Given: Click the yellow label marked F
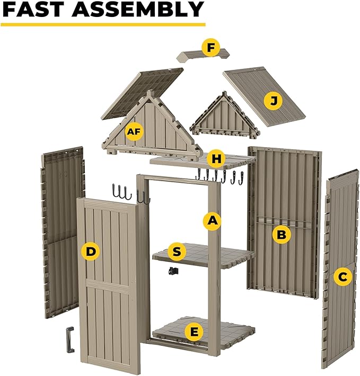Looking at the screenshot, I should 211,48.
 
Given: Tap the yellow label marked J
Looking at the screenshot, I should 273,101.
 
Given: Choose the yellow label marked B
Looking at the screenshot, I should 282,234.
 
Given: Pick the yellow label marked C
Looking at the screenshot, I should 343,275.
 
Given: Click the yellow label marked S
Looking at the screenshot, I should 177,251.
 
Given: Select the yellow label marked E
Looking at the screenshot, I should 195,332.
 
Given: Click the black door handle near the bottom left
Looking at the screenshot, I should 69,339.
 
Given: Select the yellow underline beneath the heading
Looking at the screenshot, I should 103,24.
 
